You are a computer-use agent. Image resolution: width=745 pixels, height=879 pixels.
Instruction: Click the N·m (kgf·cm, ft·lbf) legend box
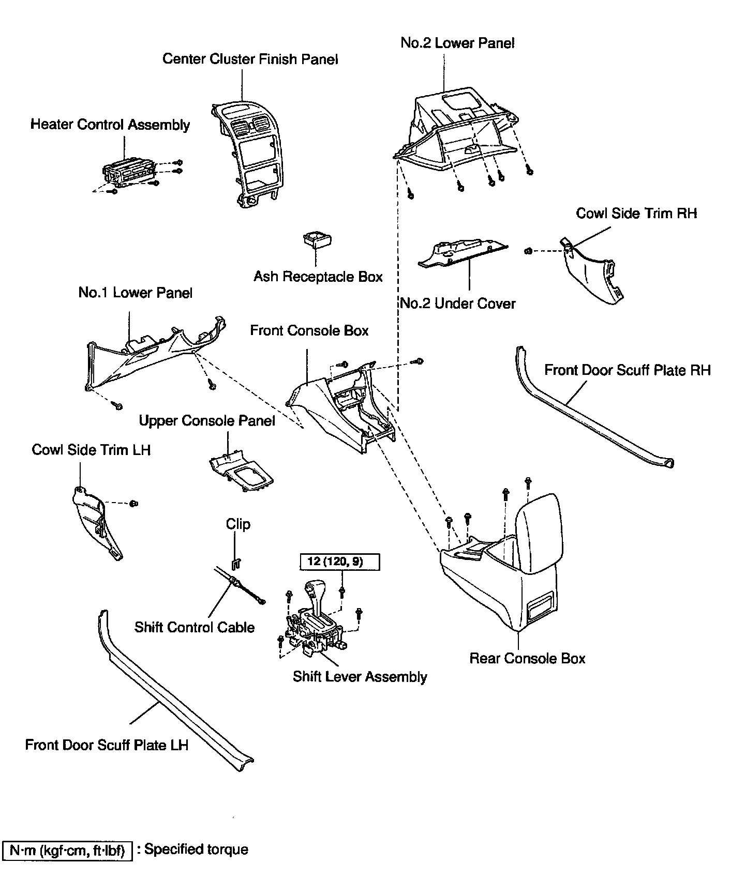point(68,850)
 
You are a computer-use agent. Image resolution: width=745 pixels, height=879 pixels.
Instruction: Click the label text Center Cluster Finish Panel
point(250,59)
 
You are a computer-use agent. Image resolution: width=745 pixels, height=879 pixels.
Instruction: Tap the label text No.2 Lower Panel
point(457,43)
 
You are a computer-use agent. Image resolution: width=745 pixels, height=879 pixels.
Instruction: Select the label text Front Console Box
point(309,330)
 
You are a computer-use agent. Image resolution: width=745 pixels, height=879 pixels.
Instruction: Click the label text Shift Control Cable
point(195,627)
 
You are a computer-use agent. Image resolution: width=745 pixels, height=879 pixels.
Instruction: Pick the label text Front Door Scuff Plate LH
point(107,745)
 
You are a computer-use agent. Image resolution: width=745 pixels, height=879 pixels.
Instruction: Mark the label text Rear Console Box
point(527,658)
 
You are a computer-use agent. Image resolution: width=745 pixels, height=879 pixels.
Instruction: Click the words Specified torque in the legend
point(196,850)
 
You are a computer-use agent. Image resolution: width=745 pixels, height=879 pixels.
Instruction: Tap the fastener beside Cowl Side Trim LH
point(133,503)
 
